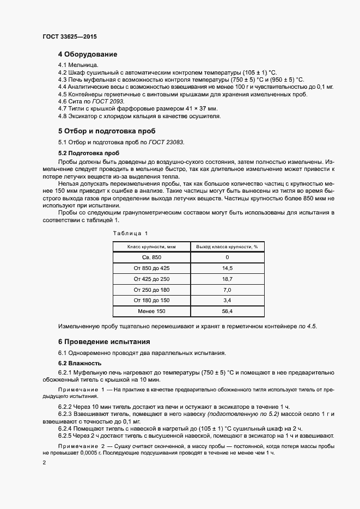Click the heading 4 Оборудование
[x=88, y=54]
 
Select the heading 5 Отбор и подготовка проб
[x=107, y=131]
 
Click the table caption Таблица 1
[x=130, y=233]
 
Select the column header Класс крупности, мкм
[x=151, y=246]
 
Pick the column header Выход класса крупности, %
[x=227, y=246]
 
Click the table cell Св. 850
[x=151, y=257]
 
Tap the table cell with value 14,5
[x=227, y=268]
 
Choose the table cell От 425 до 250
[x=151, y=279]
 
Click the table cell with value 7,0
[x=227, y=290]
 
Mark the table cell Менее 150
[x=151, y=311]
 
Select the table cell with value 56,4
[x=227, y=311]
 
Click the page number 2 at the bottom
[x=44, y=462]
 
